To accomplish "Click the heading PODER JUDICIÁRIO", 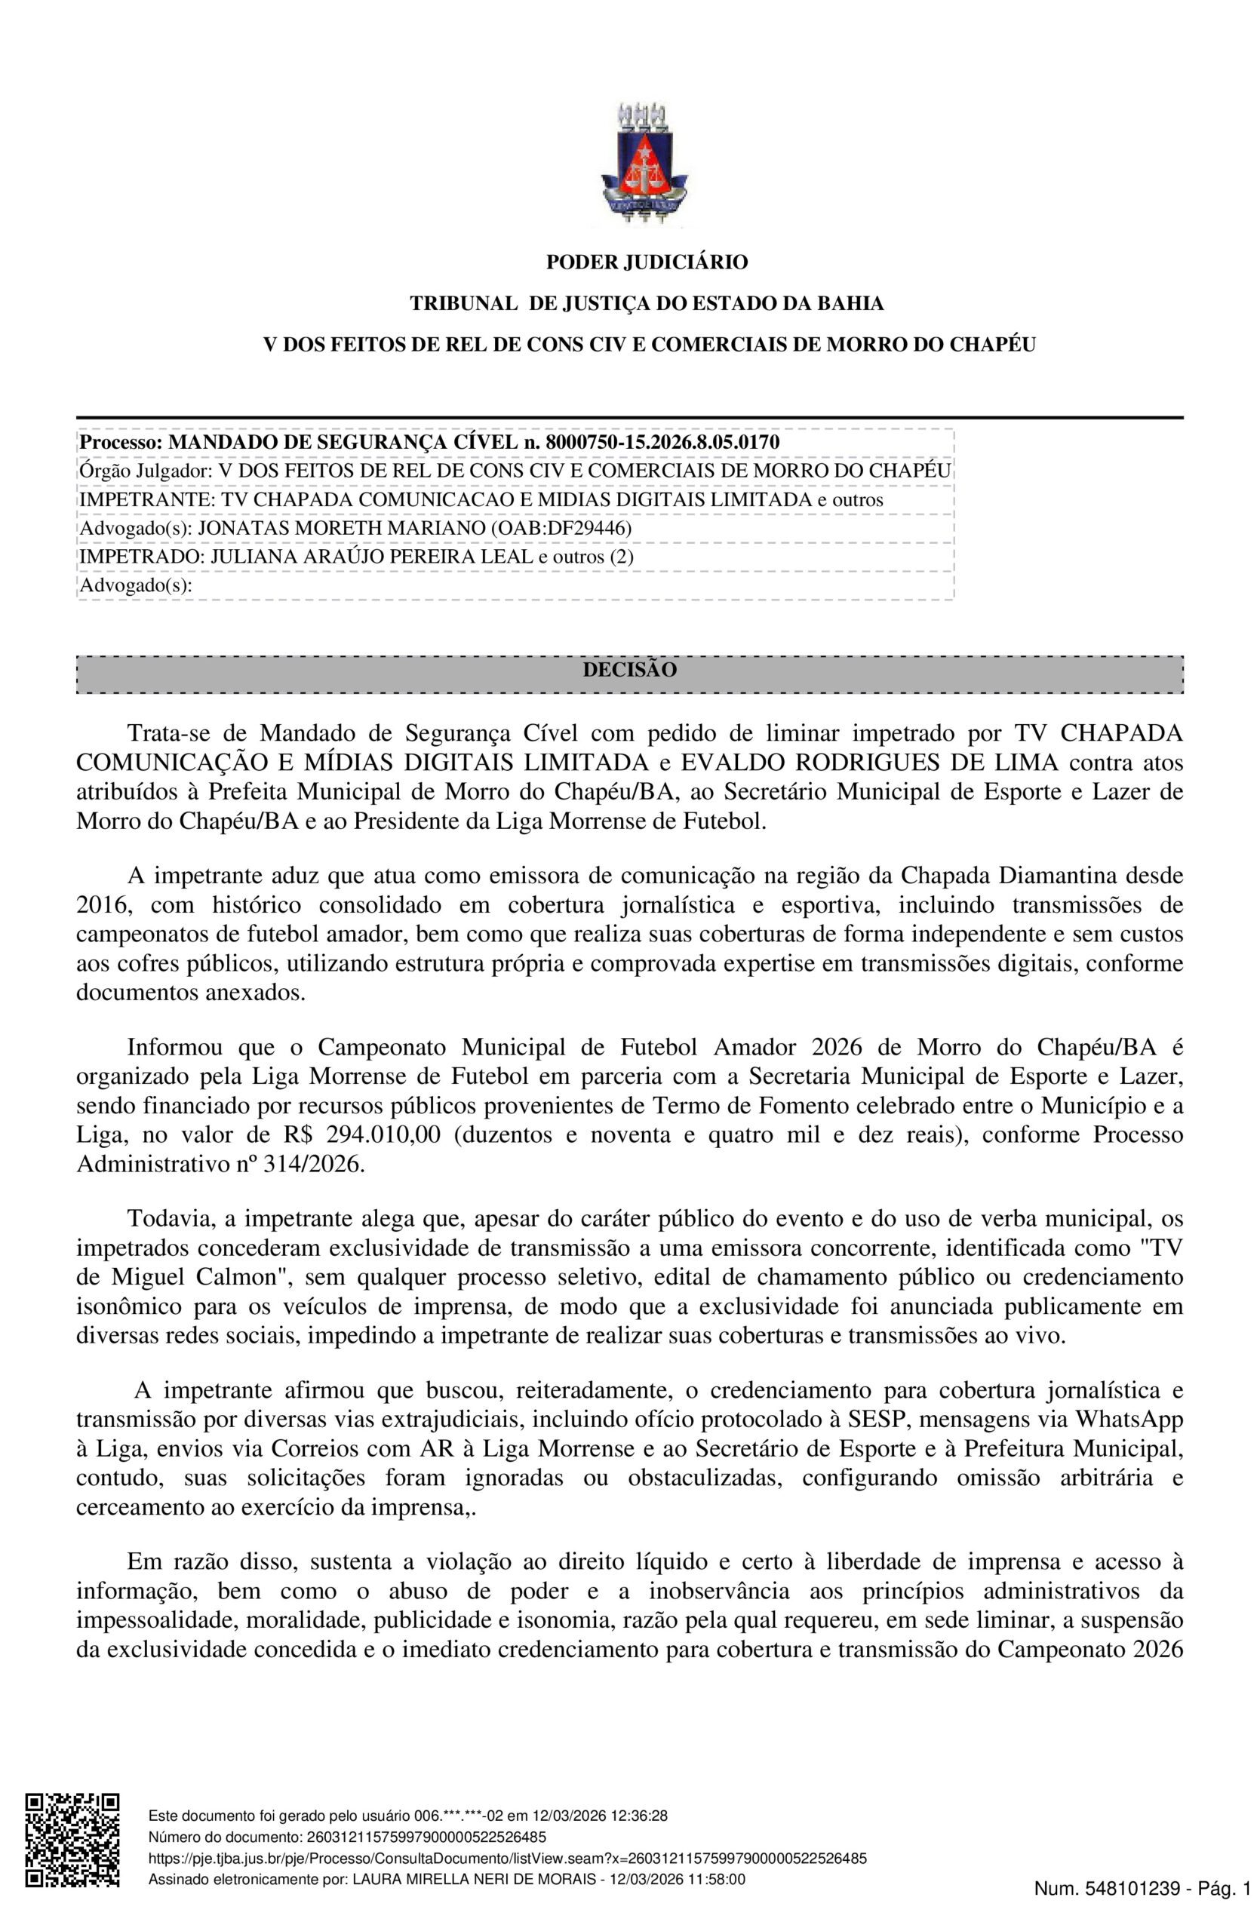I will (x=647, y=262).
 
